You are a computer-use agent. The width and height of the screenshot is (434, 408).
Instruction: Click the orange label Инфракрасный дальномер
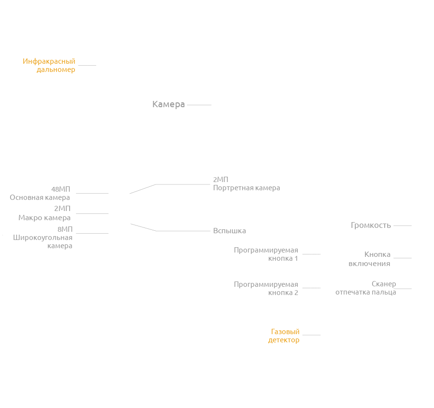(x=49, y=65)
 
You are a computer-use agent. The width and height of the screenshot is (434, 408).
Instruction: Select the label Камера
(x=168, y=104)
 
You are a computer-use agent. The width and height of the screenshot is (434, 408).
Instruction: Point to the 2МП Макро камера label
(x=44, y=213)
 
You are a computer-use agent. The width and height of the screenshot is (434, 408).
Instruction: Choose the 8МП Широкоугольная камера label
(x=43, y=238)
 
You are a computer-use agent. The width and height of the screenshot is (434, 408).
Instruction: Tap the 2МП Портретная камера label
(x=246, y=184)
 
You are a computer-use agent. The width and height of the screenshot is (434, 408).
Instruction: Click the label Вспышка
(x=230, y=231)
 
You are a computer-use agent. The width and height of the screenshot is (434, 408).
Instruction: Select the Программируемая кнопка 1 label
(x=266, y=254)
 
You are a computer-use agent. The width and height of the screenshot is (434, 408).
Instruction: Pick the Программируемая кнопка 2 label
(x=266, y=288)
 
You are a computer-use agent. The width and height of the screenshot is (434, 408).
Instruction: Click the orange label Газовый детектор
(x=284, y=336)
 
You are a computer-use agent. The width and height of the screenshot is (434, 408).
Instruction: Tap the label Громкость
(x=371, y=225)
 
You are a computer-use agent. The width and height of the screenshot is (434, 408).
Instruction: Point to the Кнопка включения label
(x=370, y=259)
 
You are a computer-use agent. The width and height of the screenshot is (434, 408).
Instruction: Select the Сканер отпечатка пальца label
(x=366, y=288)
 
